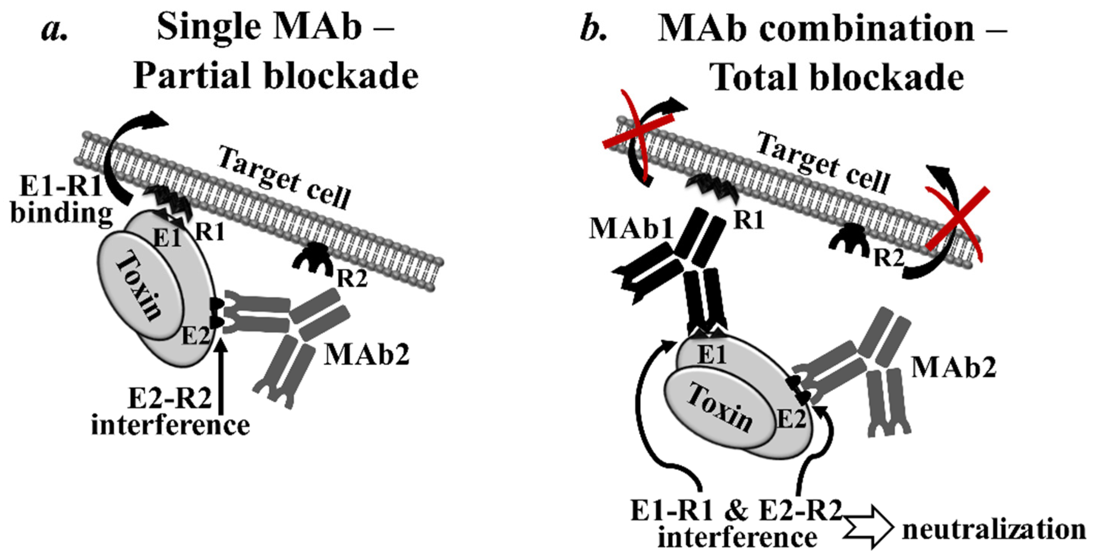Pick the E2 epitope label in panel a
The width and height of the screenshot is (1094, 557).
coord(196,337)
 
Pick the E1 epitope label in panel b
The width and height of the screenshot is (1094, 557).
coord(712,355)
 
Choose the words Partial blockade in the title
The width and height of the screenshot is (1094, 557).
coord(276,76)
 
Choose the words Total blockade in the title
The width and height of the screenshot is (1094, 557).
coord(836,78)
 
